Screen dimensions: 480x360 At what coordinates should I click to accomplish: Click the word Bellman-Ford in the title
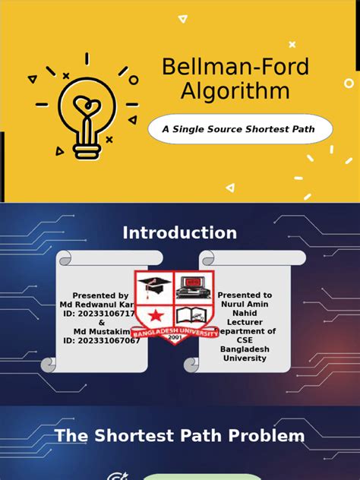click(x=235, y=67)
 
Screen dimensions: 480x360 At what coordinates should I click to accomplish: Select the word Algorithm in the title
click(x=226, y=91)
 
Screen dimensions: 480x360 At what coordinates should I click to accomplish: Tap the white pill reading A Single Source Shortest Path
click(x=238, y=129)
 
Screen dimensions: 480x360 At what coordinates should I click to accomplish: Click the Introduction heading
click(x=180, y=233)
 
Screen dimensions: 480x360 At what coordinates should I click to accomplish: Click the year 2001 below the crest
click(x=175, y=339)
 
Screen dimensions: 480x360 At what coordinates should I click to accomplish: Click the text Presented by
click(x=100, y=295)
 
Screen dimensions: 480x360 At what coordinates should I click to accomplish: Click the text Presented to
click(x=245, y=295)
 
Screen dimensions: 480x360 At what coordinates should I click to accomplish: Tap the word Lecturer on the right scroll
click(x=245, y=322)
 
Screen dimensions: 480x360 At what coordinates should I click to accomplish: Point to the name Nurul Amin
click(x=245, y=304)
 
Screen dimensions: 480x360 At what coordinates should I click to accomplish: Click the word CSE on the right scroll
click(x=245, y=340)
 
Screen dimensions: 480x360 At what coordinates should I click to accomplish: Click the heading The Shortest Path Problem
click(x=180, y=436)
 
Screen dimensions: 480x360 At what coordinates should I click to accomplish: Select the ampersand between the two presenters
click(x=102, y=322)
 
